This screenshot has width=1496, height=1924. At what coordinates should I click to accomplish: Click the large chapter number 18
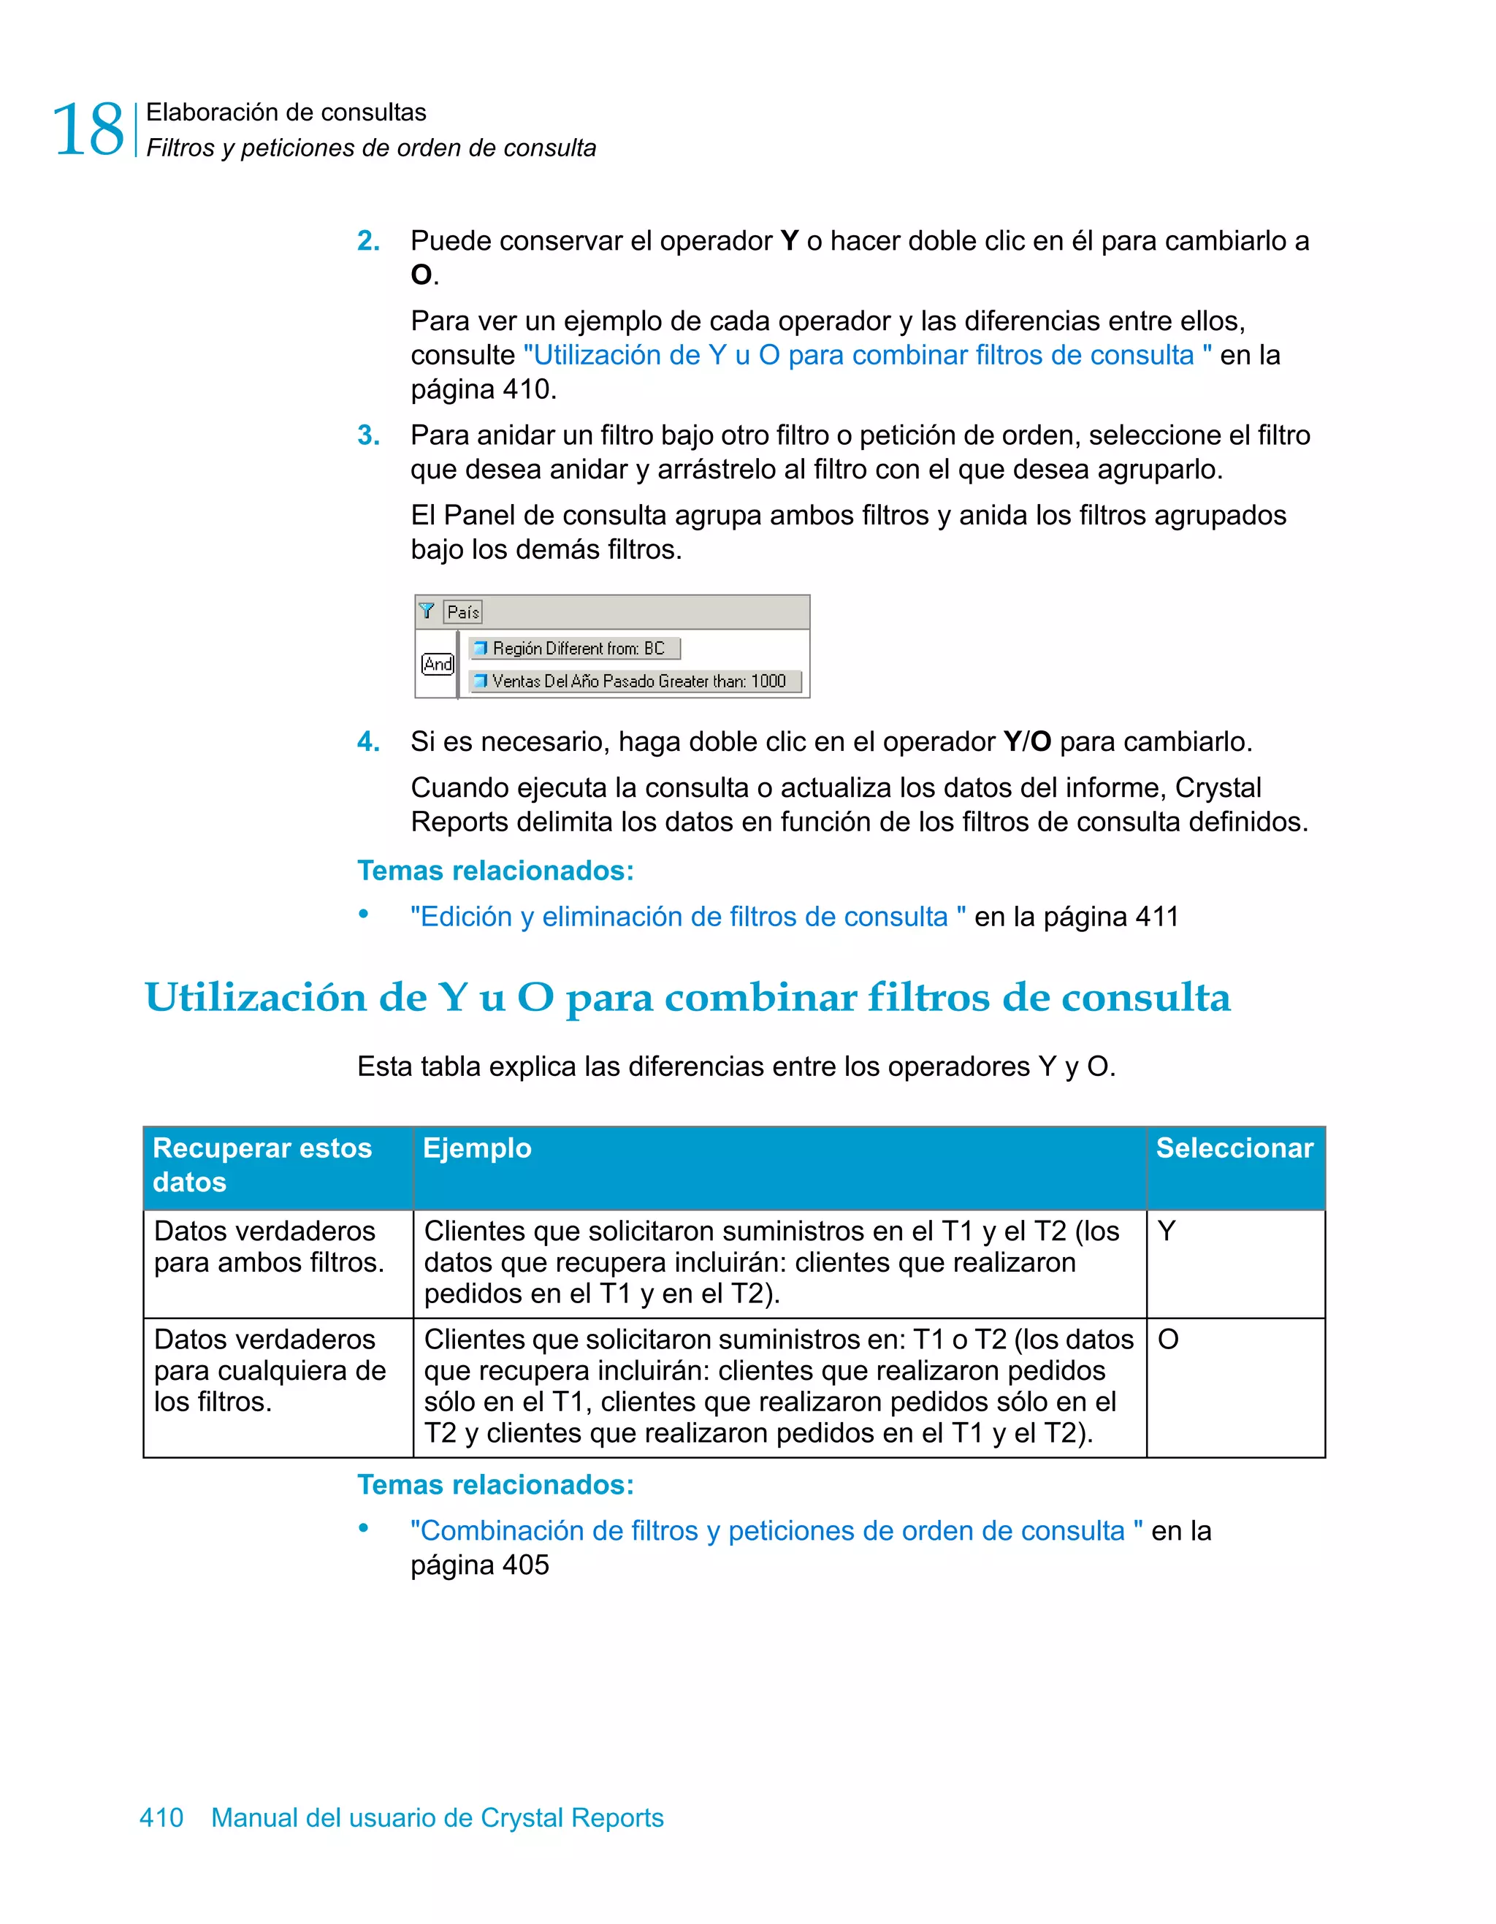click(88, 130)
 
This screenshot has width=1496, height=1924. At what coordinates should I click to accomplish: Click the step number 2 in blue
click(368, 240)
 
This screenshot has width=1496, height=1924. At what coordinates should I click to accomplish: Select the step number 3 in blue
click(368, 435)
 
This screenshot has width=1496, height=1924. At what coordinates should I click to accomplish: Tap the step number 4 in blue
click(368, 741)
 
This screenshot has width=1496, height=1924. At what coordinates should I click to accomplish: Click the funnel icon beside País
click(427, 611)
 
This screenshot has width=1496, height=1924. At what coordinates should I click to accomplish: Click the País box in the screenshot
click(463, 611)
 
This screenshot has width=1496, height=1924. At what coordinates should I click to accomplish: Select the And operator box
click(437, 664)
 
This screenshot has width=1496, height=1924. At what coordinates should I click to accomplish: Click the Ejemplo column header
click(478, 1149)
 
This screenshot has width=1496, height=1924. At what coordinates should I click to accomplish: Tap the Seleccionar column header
click(1234, 1149)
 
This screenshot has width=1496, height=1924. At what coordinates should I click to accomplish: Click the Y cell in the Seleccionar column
click(1167, 1232)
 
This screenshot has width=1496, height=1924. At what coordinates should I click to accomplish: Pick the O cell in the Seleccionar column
click(1168, 1340)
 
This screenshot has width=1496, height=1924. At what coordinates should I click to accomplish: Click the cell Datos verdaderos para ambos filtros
click(269, 1248)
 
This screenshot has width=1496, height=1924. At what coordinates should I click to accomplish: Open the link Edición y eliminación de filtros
click(687, 917)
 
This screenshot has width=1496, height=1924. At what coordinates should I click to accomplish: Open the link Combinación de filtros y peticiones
click(775, 1531)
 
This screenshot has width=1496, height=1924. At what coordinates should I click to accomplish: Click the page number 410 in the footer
click(162, 1817)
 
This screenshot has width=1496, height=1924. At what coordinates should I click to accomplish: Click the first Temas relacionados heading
click(495, 871)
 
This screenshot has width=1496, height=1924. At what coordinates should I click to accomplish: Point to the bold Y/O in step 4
click(1027, 741)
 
